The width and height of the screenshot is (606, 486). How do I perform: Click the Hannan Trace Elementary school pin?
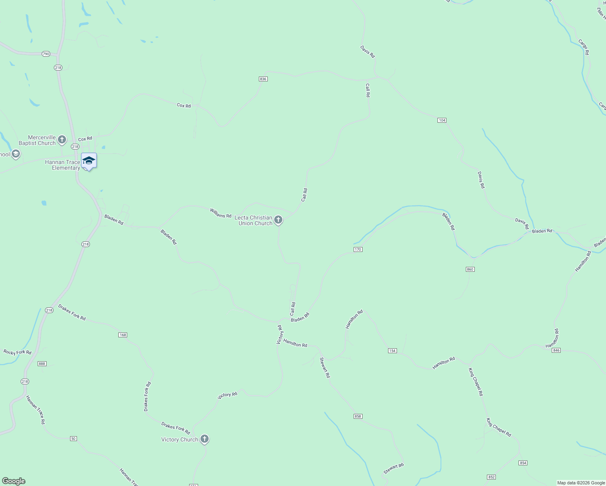click(89, 161)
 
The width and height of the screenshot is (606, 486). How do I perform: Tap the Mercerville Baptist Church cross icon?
click(62, 140)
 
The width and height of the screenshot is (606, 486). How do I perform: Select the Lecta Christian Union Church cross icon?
click(278, 220)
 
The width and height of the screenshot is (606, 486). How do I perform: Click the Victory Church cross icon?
click(205, 439)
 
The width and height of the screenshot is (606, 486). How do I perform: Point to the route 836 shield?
click(263, 79)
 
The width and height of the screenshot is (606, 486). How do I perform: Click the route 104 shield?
click(442, 120)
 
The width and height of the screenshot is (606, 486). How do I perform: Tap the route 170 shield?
click(358, 249)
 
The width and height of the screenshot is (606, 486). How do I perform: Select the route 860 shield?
click(470, 269)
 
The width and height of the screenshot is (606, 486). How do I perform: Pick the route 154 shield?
click(392, 351)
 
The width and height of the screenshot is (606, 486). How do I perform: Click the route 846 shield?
click(556, 350)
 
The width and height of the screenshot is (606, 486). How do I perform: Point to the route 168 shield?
click(123, 335)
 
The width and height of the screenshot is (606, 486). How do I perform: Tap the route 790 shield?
click(46, 54)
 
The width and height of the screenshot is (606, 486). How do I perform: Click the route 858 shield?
click(358, 416)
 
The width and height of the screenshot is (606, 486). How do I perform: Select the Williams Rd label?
click(220, 213)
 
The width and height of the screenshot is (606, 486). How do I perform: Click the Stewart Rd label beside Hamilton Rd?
click(325, 368)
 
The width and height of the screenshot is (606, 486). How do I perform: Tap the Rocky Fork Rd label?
click(17, 352)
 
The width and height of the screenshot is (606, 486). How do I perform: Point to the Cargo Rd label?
click(584, 47)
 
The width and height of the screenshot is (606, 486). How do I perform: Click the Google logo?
click(14, 481)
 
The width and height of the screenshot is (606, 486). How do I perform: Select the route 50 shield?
click(73, 439)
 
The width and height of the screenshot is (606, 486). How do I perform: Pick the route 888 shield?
click(42, 364)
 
